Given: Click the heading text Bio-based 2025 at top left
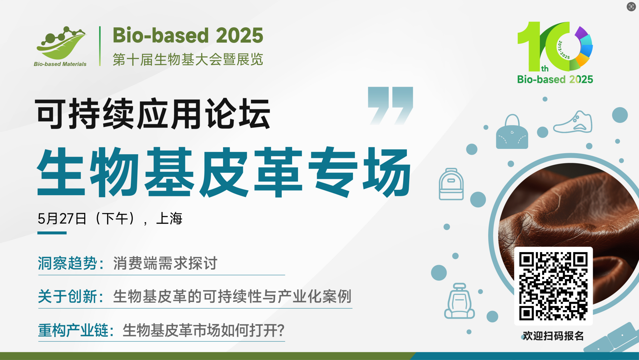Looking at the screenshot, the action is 188,35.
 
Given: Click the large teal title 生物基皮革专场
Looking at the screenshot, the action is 224,172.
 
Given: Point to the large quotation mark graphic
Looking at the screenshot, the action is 390,106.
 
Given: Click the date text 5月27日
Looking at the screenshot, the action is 62,219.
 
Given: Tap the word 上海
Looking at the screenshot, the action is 169,219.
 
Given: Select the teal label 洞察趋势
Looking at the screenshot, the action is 67,263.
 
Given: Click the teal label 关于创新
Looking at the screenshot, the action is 67,296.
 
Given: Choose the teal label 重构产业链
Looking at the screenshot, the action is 73,330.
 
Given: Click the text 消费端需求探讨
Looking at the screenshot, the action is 165,263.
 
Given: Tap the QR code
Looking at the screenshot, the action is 553,286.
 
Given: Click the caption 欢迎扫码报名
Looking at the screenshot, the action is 553,336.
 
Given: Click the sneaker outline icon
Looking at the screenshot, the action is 573,122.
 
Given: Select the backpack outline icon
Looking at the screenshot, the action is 451,184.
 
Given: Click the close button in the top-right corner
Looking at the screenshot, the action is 631,7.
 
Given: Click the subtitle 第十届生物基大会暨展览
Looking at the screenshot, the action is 188,60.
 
